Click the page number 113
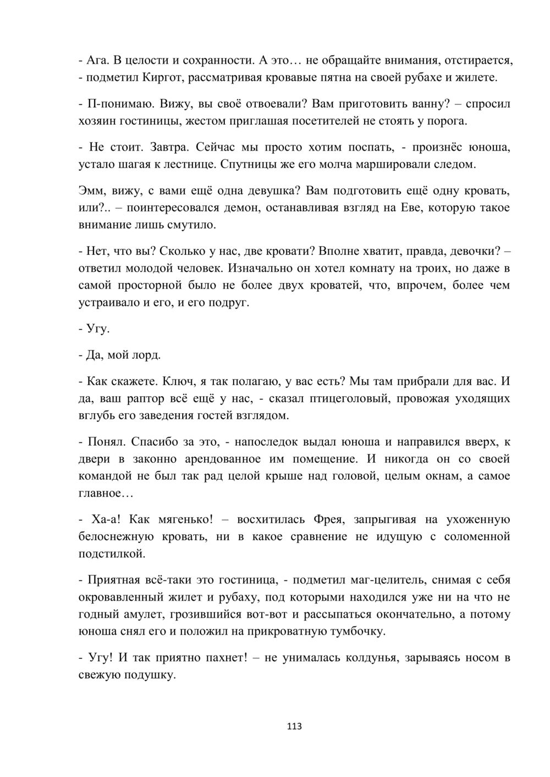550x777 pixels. [295, 726]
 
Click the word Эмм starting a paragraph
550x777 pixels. [92, 191]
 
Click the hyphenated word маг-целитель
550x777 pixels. [382, 580]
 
